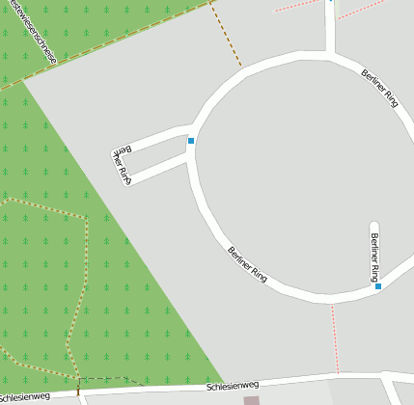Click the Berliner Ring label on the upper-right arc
[379, 87]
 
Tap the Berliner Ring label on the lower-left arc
[247, 263]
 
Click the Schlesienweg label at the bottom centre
[233, 386]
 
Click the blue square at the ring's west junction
[191, 141]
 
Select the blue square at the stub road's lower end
[378, 285]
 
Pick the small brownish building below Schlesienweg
[252, 399]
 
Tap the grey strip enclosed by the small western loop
[154, 155]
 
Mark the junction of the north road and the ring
[330, 54]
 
